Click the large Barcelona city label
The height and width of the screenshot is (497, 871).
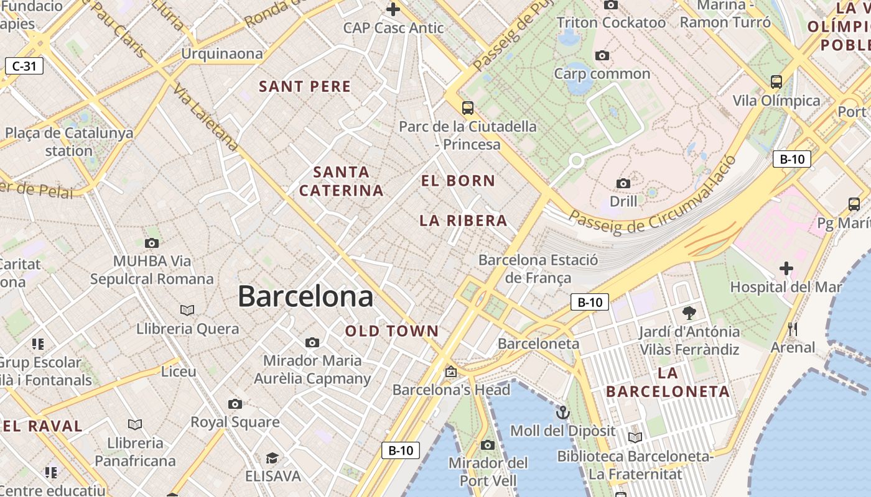[305, 296]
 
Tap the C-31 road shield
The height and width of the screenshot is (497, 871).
[24, 66]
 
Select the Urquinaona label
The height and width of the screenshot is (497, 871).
[222, 54]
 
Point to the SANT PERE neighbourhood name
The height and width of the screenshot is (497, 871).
[305, 87]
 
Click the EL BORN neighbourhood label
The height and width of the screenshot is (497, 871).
[459, 181]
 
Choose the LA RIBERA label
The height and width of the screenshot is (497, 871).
[463, 221]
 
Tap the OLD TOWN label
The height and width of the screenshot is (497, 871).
[392, 331]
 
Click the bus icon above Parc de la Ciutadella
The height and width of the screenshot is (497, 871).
[468, 108]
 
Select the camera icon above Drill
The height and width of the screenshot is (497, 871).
[623, 183]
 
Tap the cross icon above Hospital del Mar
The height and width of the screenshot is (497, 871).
[786, 268]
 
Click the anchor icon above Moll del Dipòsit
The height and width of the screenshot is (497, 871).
[562, 412]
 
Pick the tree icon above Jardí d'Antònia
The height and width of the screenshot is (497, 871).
[689, 312]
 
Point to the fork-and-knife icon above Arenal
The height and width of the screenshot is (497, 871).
[793, 329]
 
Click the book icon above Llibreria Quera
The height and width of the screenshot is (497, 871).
[187, 309]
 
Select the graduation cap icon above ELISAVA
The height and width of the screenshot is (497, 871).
[272, 458]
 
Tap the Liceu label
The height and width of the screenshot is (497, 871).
[179, 372]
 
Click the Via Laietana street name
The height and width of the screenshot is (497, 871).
[206, 117]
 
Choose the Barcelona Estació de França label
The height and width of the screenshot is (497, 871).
[538, 269]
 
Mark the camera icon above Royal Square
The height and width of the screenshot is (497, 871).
[235, 404]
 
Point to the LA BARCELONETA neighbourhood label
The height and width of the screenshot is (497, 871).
[668, 382]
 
